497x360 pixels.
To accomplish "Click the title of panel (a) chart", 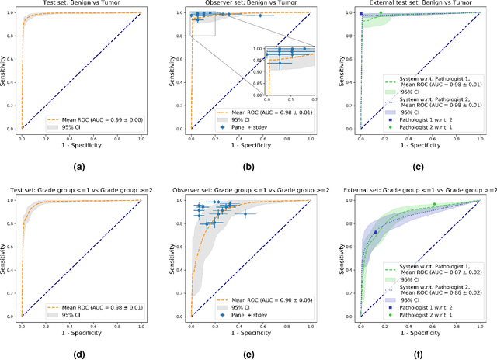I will [x=81, y=5].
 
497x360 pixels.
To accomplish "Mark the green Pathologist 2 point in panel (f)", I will [x=434, y=204].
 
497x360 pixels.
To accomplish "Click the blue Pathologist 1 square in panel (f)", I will [x=375, y=232].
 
